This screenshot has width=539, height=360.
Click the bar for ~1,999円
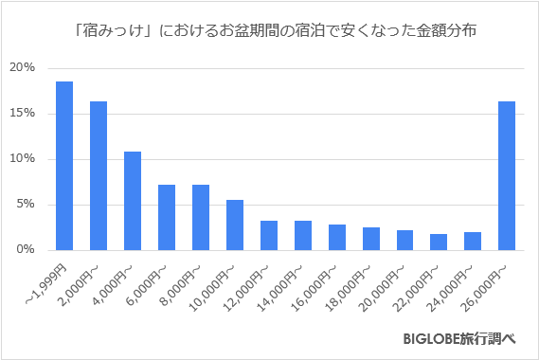pos(64,166)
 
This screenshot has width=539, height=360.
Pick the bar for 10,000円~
pos(235,225)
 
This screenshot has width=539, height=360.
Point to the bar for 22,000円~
pos(439,242)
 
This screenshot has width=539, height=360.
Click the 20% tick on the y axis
pos(23,68)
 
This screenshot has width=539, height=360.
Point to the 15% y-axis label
pos(23,114)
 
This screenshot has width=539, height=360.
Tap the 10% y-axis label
pos(23,159)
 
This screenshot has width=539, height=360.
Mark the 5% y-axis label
pos(26,205)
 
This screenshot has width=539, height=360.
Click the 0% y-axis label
pos(26,250)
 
